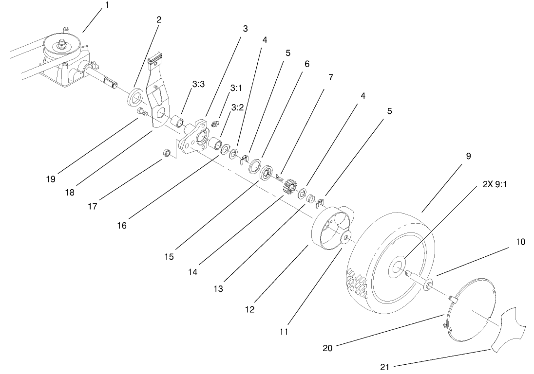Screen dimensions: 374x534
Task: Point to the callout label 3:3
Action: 198,84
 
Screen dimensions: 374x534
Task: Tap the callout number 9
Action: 468,157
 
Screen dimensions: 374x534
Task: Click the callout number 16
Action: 121,226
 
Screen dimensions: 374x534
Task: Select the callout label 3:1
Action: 236,89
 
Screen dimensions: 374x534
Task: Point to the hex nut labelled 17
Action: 165,154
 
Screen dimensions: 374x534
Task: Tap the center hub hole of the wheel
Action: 397,267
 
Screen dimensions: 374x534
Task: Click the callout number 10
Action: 520,242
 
